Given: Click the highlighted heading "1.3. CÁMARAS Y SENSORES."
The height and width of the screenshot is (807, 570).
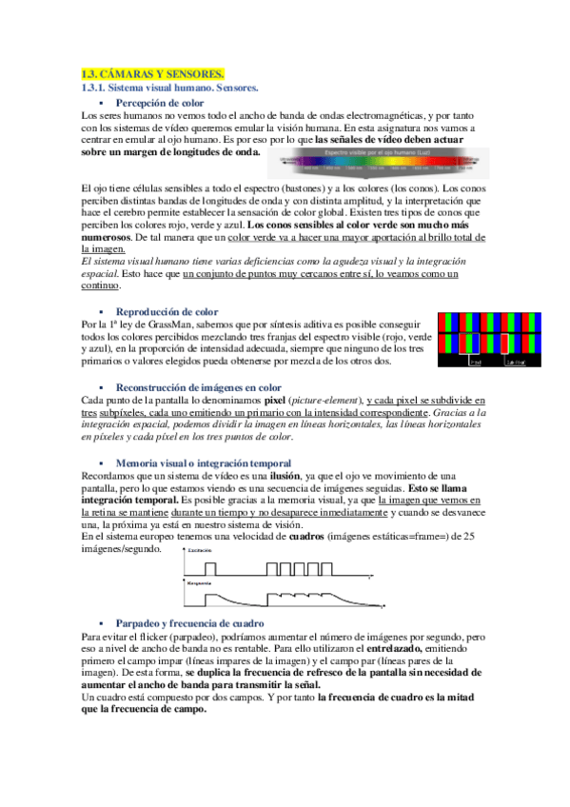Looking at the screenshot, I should tap(153, 73).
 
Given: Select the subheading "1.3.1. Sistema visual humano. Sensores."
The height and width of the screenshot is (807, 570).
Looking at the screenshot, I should tap(170, 88).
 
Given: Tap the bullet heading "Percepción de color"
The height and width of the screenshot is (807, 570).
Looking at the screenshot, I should tap(159, 102).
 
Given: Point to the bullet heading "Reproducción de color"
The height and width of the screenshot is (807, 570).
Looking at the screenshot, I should tap(167, 311).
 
